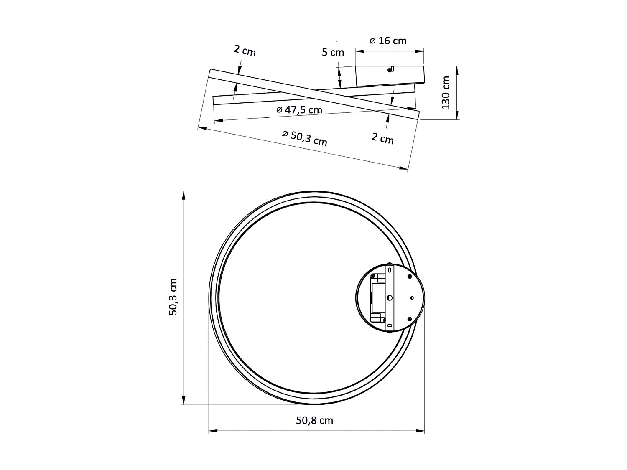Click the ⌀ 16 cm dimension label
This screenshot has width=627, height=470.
[x=388, y=41]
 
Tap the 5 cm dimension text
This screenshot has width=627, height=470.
[x=333, y=53]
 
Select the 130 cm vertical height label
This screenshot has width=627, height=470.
[x=446, y=93]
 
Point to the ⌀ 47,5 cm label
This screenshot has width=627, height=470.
[x=299, y=110]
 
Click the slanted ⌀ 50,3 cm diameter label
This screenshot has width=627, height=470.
[x=304, y=138]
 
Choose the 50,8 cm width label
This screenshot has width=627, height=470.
[x=314, y=421]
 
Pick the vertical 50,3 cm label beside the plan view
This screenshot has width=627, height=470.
[x=173, y=297]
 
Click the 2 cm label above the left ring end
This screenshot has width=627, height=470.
[x=245, y=51]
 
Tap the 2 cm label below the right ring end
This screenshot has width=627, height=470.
[x=382, y=138]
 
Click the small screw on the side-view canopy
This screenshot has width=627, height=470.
[x=390, y=70]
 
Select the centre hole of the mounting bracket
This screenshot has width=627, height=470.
[x=390, y=298]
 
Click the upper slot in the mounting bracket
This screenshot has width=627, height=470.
[x=390, y=271]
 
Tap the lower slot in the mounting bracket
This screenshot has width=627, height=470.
[x=390, y=325]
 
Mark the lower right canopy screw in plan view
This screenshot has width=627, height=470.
[x=409, y=319]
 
